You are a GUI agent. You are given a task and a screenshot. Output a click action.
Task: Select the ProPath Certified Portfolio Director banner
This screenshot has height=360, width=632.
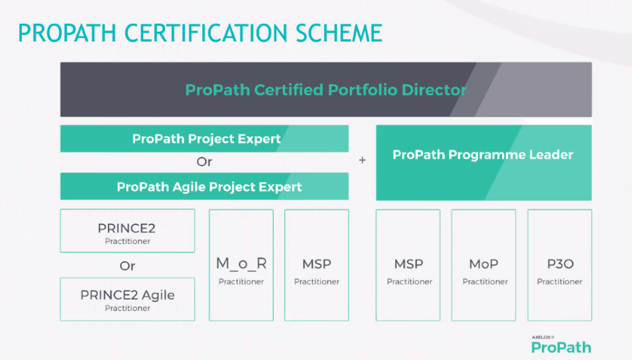[326, 90]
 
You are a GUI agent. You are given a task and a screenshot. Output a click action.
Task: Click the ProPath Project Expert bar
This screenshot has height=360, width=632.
[204, 139]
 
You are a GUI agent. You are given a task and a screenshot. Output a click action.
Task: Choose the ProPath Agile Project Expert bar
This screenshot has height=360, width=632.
[204, 186]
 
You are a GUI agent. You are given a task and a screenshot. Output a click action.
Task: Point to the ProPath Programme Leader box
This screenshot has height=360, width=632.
[484, 163]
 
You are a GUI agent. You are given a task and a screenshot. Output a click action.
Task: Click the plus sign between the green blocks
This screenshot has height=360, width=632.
[362, 160]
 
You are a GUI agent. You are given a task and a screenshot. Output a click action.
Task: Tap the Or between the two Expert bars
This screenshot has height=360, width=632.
[204, 162]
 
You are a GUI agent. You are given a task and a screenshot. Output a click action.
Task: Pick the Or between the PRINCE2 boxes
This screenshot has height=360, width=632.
[127, 266]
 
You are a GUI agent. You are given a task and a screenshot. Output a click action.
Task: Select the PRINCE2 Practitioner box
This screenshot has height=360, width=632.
[127, 231]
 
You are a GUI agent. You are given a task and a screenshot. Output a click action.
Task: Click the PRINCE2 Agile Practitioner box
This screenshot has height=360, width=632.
[127, 299]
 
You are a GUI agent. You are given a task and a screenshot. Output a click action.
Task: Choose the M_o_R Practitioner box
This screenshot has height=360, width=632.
[241, 266]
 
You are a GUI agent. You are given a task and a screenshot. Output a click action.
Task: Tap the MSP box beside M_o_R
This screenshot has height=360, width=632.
[317, 266]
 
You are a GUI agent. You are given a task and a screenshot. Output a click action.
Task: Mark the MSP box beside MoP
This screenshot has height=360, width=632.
[409, 266]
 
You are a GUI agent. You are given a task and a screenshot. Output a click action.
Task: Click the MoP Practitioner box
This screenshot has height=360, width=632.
[484, 266]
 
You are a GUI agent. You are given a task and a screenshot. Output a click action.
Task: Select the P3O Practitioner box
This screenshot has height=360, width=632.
[560, 266]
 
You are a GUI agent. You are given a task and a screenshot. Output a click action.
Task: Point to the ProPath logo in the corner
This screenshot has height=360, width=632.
[561, 348]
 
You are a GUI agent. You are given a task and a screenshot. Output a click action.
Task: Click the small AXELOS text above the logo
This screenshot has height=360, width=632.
[542, 337]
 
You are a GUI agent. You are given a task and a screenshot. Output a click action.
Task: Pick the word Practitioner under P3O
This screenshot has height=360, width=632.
[560, 281]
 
